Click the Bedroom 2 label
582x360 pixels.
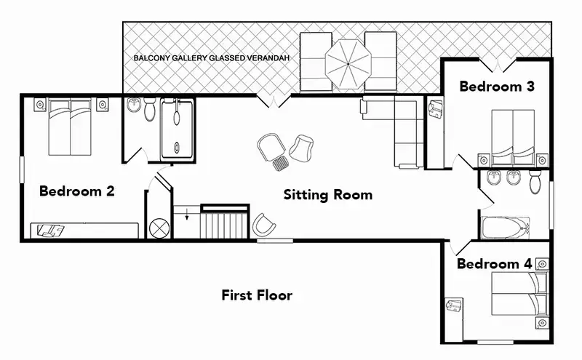[77, 191]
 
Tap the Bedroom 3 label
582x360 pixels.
[497, 87]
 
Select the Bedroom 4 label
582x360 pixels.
[495, 264]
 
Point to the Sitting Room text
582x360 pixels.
[328, 195]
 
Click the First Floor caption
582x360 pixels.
[257, 295]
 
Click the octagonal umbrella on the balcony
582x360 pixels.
[348, 64]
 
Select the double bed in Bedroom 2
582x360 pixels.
[70, 127]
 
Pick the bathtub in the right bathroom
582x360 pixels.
[505, 228]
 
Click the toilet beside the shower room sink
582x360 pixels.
[151, 109]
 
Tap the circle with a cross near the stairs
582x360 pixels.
[159, 227]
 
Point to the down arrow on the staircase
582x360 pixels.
[187, 215]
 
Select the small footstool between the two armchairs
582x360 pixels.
[280, 163]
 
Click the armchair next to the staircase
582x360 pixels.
[263, 225]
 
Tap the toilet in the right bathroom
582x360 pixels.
[535, 182]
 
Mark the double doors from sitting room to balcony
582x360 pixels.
[274, 101]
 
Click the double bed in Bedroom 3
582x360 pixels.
[513, 137]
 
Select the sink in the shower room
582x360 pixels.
[133, 105]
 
